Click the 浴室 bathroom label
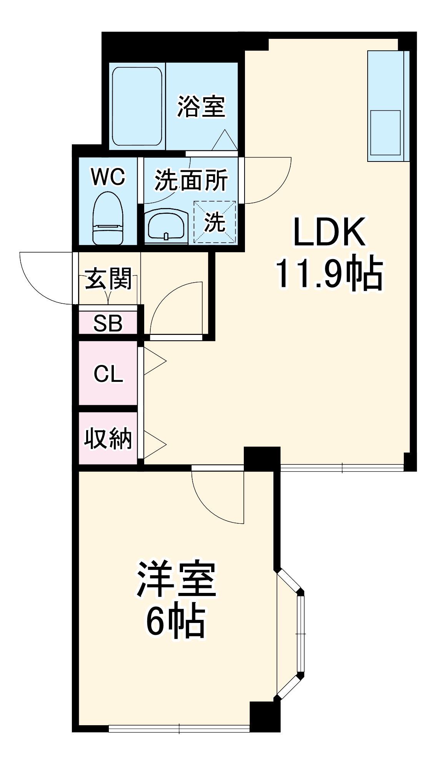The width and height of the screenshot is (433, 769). tap(201, 107)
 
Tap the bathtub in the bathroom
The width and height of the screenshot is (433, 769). tap(137, 107)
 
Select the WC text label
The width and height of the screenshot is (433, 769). tap(108, 177)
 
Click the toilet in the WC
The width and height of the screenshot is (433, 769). tap(108, 220)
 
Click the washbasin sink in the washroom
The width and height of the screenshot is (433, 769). tap(166, 227)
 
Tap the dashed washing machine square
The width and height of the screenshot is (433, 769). tap(215, 222)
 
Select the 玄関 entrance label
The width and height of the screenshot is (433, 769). tap(108, 279)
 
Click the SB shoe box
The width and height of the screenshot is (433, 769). tap(108, 323)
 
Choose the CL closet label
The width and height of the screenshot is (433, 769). tap(108, 373)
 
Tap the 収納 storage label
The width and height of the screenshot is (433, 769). tap(108, 438)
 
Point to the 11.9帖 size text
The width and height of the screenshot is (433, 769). tap(329, 274)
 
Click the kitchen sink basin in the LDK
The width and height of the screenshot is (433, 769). tap(385, 133)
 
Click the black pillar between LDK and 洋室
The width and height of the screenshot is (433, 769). tap(262, 459)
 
